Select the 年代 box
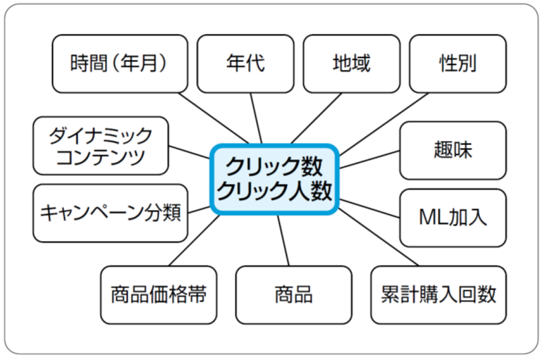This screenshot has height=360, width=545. point(245,63)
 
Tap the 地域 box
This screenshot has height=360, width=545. point(351,63)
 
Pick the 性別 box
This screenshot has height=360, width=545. point(457,63)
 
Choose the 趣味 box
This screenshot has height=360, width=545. point(453,150)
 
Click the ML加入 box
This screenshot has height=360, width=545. point(453,217)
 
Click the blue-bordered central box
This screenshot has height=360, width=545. point(275,178)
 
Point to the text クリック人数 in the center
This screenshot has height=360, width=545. point(275,191)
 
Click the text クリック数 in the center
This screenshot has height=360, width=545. point(275,166)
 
